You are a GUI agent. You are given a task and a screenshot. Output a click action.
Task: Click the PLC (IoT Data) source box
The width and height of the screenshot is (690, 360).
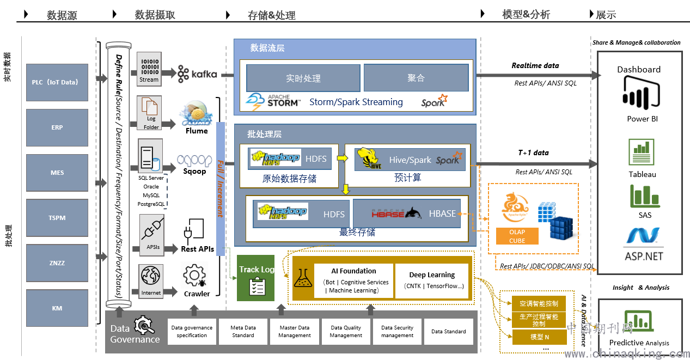point(57,82)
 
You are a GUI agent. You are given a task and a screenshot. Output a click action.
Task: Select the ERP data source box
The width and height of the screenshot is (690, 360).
point(57,127)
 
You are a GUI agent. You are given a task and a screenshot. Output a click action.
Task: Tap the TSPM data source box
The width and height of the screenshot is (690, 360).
point(57,218)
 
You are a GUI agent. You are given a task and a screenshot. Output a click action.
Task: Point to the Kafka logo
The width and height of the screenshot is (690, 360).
point(197,74)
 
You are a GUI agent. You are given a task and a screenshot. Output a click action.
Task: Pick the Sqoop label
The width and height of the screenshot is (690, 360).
point(194,171)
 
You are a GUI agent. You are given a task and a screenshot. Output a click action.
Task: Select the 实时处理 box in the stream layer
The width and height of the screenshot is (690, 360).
point(303,78)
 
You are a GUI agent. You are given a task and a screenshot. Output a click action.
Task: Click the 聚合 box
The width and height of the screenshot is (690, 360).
point(416,78)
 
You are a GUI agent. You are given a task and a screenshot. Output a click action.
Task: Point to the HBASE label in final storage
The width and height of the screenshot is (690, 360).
point(442,213)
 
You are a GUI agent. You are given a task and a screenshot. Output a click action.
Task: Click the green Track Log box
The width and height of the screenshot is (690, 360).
point(256,278)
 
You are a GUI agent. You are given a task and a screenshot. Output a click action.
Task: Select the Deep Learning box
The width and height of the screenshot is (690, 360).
point(432,280)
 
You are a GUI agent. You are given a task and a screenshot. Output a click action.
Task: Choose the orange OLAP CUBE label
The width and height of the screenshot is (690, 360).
point(517,236)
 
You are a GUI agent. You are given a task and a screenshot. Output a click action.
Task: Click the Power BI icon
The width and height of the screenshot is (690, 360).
point(638,94)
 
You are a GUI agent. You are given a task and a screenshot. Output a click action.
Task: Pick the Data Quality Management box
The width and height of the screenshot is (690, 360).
point(346,331)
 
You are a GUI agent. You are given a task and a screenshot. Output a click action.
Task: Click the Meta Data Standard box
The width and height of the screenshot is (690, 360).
point(243,331)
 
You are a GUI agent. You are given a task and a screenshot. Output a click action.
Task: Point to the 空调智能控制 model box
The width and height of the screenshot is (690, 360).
point(539,303)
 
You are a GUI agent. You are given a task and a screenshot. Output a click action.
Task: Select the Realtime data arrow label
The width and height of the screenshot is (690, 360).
point(535,65)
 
